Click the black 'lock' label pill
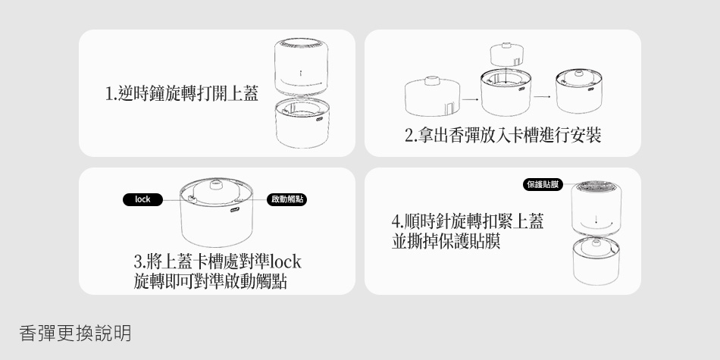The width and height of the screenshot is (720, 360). (x=142, y=199)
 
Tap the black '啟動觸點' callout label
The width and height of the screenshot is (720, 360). (x=287, y=199)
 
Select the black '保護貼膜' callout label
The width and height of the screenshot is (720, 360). (x=543, y=185)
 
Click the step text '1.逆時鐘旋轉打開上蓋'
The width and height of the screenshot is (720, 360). (x=182, y=93)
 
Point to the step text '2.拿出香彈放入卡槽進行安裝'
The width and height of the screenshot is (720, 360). (x=502, y=135)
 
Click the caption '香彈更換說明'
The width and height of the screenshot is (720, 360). (x=75, y=333)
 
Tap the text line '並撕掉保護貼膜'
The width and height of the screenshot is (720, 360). (x=446, y=240)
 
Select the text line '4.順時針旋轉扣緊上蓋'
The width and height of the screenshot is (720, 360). (x=468, y=221)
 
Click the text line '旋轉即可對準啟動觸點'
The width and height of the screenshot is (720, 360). (x=211, y=281)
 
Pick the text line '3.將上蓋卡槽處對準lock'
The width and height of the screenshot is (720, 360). (x=218, y=261)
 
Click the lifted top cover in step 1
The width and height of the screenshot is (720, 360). (x=301, y=67)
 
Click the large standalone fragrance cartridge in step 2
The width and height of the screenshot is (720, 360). (x=433, y=96)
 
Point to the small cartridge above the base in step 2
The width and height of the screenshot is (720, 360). (x=507, y=54)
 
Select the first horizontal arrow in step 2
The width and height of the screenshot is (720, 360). (x=470, y=99)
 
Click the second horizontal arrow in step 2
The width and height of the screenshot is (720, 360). (x=543, y=97)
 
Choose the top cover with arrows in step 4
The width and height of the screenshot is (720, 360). (x=596, y=208)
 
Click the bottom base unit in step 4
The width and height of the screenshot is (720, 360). (x=596, y=261)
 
